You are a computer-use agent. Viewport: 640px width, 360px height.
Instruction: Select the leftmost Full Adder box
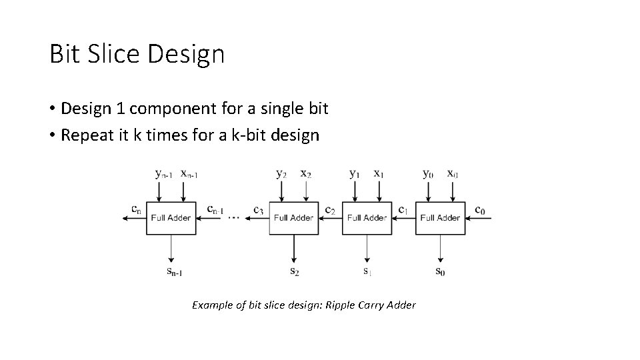click(171, 218)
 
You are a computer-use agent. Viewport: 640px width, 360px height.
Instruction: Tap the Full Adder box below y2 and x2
click(293, 218)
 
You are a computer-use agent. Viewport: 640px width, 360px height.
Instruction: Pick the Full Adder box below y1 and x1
click(367, 218)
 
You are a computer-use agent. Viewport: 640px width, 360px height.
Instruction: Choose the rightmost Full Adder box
click(440, 218)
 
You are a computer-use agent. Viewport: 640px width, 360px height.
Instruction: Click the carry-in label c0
click(480, 211)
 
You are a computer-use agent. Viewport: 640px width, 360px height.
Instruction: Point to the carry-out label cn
click(135, 210)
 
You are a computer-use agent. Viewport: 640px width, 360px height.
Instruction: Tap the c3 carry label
click(259, 211)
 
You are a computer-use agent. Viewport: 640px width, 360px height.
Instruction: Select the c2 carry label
click(330, 211)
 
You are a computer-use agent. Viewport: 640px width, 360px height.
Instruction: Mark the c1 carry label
click(403, 211)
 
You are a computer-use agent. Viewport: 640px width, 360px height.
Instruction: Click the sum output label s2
click(294, 271)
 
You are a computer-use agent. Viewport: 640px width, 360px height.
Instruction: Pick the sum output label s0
click(441, 271)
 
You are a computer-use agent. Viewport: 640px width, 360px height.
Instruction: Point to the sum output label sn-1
click(175, 271)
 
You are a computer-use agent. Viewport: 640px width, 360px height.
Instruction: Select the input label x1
click(379, 174)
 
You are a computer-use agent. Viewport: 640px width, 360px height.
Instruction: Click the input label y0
click(428, 174)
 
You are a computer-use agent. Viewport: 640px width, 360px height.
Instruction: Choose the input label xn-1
click(189, 174)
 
